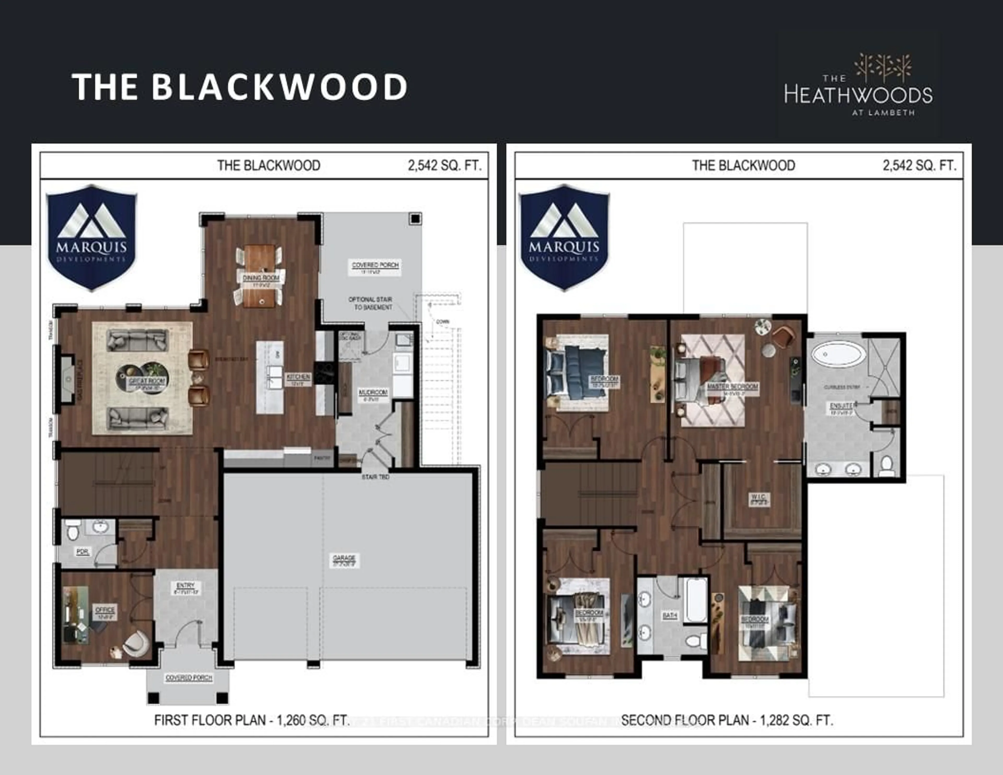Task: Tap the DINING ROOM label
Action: pyautogui.click(x=261, y=278)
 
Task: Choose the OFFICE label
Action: pyautogui.click(x=105, y=610)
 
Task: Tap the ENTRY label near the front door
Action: pyautogui.click(x=185, y=585)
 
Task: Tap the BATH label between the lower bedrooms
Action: pyautogui.click(x=670, y=615)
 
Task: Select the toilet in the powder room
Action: pyautogui.click(x=73, y=532)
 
